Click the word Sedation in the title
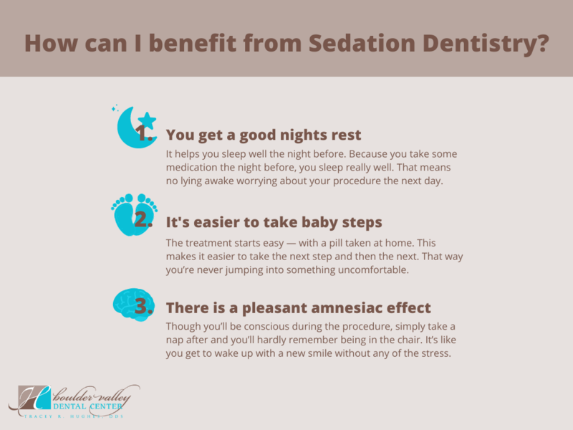[362, 43]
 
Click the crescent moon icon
[132, 130]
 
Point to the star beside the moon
[147, 120]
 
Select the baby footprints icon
[134, 214]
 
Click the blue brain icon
[134, 305]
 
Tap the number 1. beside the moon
[144, 133]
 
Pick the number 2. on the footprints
[143, 220]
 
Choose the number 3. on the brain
[143, 306]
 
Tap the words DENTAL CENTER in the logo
[87, 406]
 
